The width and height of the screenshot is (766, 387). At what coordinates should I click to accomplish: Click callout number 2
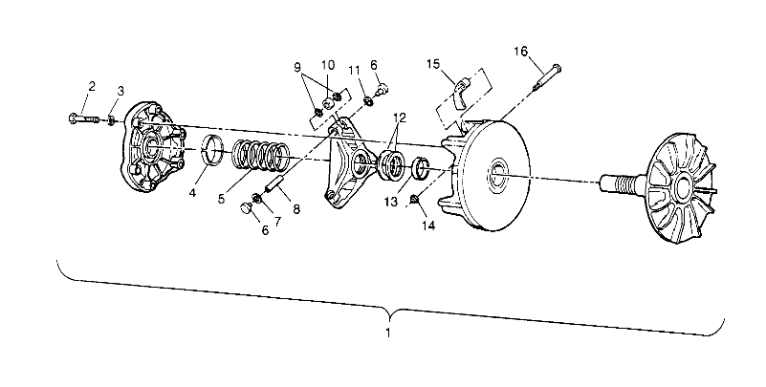tap(92, 86)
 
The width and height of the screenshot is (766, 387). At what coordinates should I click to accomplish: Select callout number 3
tap(120, 90)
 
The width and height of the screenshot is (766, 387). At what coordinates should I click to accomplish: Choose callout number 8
tap(295, 208)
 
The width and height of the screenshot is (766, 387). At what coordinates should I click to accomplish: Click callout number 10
tap(328, 64)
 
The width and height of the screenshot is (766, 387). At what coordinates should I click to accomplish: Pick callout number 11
tap(355, 70)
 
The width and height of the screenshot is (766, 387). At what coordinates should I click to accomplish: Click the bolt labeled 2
tap(85, 119)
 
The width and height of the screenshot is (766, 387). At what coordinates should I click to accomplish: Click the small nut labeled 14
tap(413, 199)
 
